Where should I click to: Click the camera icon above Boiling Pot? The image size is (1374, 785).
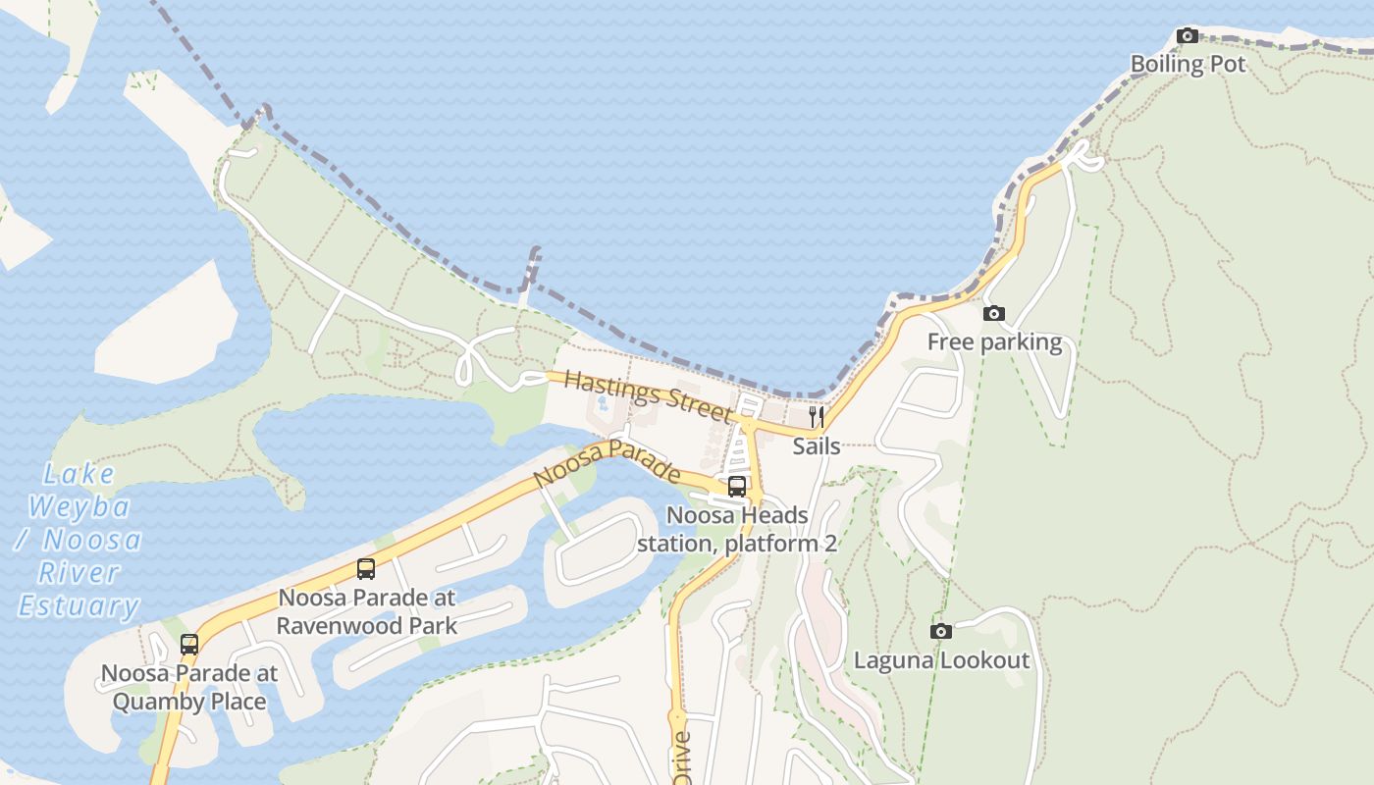(1188, 36)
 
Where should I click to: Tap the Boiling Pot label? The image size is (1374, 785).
(1188, 65)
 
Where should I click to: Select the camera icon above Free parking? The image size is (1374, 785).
(994, 314)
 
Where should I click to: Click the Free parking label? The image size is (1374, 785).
(994, 342)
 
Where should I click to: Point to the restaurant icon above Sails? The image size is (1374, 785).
(816, 417)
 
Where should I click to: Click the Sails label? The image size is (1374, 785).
(816, 446)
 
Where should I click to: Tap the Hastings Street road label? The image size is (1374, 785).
(648, 395)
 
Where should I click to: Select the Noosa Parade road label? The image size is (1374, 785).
(608, 462)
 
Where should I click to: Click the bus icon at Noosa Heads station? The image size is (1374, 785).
(737, 486)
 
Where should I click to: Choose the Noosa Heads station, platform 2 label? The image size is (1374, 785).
(737, 529)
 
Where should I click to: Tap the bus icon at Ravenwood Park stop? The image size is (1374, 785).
(366, 568)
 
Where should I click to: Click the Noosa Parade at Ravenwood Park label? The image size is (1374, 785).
(366, 611)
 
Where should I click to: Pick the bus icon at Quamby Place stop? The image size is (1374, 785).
(189, 645)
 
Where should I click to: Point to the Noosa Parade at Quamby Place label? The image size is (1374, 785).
(189, 687)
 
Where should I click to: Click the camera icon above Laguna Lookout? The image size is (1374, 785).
(941, 631)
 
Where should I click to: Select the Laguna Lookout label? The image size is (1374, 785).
(941, 660)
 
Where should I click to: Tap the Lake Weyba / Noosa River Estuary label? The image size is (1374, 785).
(79, 540)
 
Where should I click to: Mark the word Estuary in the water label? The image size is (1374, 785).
(79, 605)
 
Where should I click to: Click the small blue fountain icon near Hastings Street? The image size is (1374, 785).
(603, 401)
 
